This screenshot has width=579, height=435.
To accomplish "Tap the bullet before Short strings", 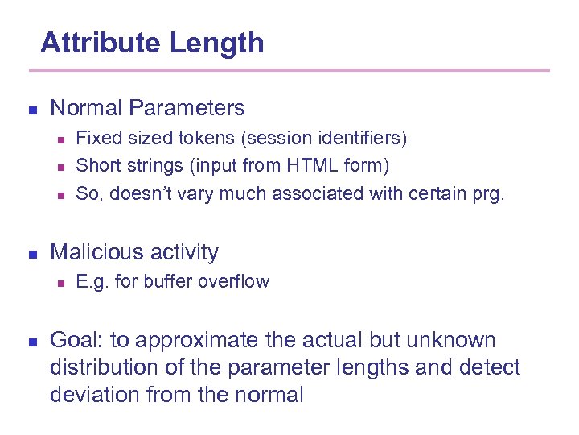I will [60, 168].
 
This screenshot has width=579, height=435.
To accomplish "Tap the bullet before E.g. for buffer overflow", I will [60, 283].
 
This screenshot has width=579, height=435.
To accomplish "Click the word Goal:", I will [72, 341].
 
